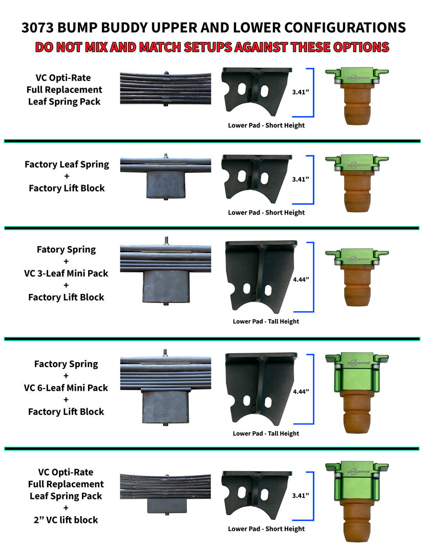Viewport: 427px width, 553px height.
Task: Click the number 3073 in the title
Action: pos(37,28)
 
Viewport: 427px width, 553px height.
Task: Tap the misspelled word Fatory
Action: pos(51,250)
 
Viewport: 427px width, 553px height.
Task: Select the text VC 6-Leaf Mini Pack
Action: pos(66,388)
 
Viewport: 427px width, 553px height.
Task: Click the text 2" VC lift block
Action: pos(66,520)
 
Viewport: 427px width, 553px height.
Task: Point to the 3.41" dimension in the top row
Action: pos(301,92)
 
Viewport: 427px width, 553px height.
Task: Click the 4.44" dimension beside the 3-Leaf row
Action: pos(301,280)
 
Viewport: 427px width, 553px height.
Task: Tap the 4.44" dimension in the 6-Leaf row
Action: pos(301,392)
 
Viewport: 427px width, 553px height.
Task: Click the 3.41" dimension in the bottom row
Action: pos(301,496)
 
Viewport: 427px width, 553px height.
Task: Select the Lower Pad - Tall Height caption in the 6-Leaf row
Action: pos(266,434)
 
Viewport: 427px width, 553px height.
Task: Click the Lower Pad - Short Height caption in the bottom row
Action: pos(266,528)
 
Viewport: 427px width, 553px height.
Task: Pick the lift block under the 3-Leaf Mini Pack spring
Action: pos(166,286)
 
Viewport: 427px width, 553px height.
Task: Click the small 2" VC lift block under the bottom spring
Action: pos(167,506)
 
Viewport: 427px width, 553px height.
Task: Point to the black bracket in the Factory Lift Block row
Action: pos(257,179)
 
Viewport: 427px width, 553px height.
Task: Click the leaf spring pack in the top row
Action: pos(165,88)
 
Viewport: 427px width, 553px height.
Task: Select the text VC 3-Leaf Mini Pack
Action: pos(66,273)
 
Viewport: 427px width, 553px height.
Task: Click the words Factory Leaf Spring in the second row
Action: pos(67,164)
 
